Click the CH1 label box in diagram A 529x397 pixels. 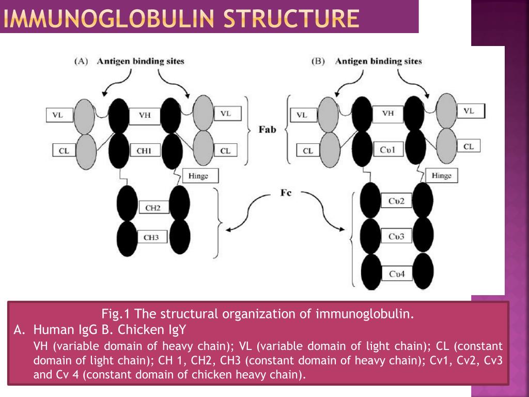(145, 150)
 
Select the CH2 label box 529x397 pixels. (152, 208)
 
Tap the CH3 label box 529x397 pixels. (151, 237)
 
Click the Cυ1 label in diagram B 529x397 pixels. (387, 149)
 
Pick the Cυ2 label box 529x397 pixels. (396, 201)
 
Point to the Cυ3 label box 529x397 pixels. (397, 237)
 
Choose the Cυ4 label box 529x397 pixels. (396, 273)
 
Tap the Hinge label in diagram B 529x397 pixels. (441, 176)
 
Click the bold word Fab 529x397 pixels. (267, 129)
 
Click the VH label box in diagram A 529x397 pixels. (145, 115)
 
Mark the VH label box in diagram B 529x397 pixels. (388, 113)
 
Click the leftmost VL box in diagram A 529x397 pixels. (58, 115)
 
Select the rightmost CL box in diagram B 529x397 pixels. (468, 146)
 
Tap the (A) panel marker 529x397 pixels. (81, 61)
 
